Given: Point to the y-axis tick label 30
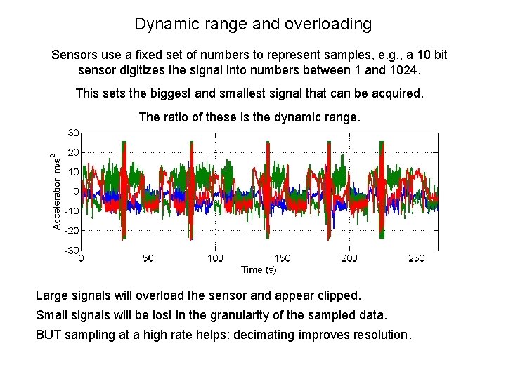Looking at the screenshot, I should point(73,132).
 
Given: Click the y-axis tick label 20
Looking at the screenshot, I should point(73,152).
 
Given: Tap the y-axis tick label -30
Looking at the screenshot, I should point(71,251).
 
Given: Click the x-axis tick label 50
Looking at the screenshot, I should point(148,258).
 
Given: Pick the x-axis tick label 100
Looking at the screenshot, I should point(215,258).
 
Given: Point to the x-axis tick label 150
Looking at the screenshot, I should point(282,258).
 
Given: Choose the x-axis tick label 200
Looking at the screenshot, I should point(349,258).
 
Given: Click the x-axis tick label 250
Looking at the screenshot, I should point(416,258).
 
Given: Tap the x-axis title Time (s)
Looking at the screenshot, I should point(259,270).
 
